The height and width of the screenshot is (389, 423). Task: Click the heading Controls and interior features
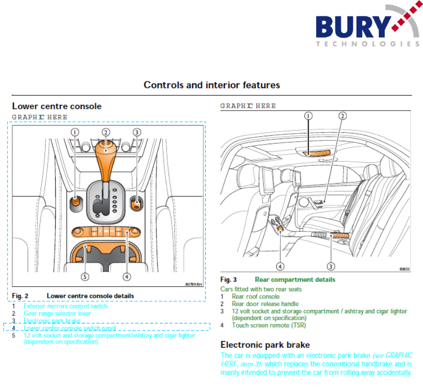click(211, 85)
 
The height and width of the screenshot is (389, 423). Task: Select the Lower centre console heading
click(57, 106)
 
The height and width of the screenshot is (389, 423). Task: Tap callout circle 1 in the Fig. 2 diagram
click(75, 132)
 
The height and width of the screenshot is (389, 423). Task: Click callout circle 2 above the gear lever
click(106, 132)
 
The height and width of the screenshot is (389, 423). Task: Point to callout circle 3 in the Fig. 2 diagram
click(137, 132)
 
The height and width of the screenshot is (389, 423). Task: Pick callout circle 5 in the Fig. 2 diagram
click(85, 277)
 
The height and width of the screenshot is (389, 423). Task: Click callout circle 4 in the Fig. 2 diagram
click(127, 277)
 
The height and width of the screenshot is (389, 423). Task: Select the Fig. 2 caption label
click(20, 296)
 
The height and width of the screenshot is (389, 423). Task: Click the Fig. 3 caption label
click(228, 280)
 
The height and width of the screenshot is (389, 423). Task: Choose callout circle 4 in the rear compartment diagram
click(280, 266)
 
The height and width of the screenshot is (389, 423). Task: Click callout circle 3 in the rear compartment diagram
click(331, 266)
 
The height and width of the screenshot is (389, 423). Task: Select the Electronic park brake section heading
click(265, 345)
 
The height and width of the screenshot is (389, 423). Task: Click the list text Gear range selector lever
click(58, 314)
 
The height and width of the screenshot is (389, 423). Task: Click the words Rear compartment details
click(295, 280)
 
